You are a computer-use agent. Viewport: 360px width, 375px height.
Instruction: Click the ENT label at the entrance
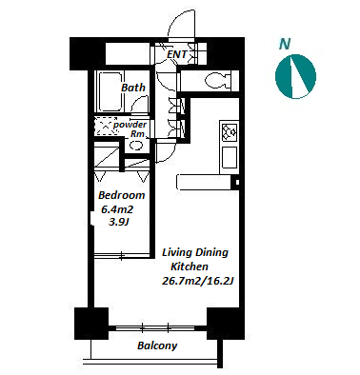[177, 54]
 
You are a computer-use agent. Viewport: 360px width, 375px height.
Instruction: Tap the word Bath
[133, 88]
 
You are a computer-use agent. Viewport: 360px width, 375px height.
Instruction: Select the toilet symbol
[218, 81]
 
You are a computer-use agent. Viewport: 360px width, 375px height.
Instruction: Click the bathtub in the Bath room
[110, 91]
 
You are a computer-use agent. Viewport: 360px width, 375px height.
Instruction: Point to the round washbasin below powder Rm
[137, 146]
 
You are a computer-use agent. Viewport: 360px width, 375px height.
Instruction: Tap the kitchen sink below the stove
[230, 158]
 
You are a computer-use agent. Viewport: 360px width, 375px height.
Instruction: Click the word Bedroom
[122, 195]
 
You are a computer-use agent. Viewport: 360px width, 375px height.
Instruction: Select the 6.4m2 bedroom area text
[116, 209]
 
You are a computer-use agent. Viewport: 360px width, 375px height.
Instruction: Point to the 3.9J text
[118, 222]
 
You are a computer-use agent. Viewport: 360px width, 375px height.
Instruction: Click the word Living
[177, 253]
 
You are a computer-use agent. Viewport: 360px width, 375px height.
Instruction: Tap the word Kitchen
[190, 266]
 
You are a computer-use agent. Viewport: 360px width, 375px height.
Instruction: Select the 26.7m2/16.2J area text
[198, 281]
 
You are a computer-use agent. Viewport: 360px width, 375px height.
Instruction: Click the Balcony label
[157, 345]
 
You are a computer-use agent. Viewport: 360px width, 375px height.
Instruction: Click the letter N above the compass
[285, 44]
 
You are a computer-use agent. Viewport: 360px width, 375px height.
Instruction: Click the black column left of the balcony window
[91, 324]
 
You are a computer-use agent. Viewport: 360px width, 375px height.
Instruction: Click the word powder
[130, 125]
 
